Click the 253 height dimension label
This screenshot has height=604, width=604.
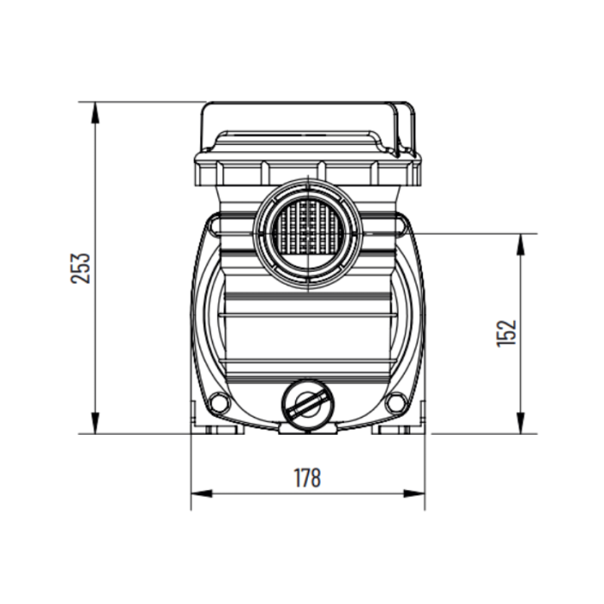coord(79,268)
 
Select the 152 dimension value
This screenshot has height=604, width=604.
coord(507,333)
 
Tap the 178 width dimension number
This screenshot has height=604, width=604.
coord(307,477)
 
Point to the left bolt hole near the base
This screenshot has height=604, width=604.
coord(219,402)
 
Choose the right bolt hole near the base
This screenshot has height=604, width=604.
coord(396,402)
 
